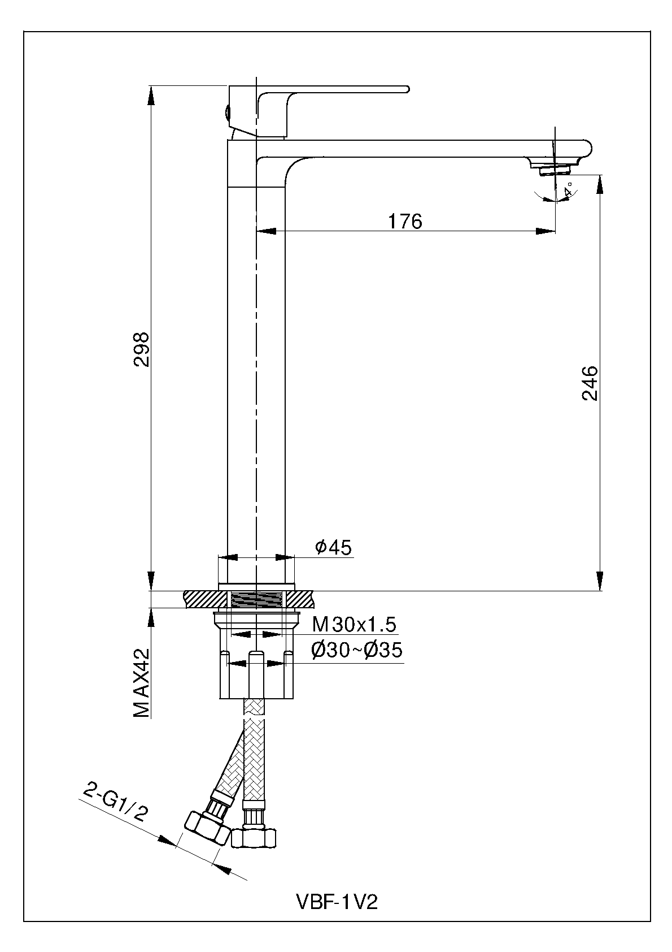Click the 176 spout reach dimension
[405, 222]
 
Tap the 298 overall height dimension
[141, 349]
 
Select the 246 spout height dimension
[589, 383]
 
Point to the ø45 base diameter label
[333, 547]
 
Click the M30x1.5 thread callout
[355, 624]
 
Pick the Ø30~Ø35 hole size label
[356, 650]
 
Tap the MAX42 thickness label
[141, 683]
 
